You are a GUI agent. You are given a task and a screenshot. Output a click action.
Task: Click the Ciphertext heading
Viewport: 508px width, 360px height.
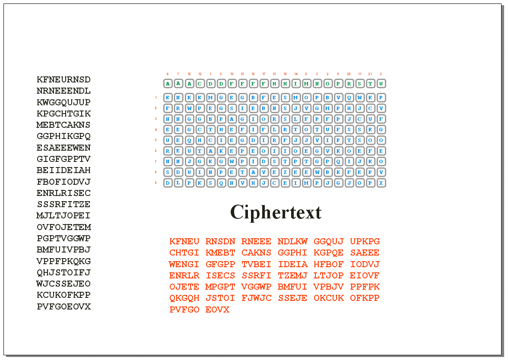pos(276,212)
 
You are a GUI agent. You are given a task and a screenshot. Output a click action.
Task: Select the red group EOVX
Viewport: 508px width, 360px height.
pos(217,309)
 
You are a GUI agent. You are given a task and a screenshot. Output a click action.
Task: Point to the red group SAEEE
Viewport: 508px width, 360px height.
pos(365,253)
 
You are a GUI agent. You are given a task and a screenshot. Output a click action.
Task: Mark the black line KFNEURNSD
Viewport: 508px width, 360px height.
pos(64,80)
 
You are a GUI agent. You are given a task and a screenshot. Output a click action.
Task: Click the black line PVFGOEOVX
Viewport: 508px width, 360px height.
pos(64,307)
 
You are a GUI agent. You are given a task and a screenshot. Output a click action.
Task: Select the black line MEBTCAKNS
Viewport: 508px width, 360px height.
pos(64,125)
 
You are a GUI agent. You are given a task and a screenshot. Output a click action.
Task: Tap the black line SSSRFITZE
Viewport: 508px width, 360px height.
pos(64,204)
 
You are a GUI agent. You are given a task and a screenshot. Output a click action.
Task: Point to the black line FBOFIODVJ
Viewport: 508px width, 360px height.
pos(64,182)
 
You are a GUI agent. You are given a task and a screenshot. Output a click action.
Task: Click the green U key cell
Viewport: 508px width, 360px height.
pos(381,83)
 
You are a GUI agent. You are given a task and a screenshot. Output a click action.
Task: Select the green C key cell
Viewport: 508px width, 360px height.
pos(200,83)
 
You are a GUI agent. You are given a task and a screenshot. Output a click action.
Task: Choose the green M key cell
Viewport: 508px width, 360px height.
pos(306,83)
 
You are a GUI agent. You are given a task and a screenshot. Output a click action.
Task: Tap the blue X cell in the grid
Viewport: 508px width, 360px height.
pos(381,183)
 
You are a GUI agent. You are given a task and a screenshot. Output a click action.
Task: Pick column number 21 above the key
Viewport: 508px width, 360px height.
pos(370,74)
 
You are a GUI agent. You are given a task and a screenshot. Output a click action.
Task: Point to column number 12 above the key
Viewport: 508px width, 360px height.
pos(200,74)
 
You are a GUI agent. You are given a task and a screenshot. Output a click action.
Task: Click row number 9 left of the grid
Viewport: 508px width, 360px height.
pos(156,183)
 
